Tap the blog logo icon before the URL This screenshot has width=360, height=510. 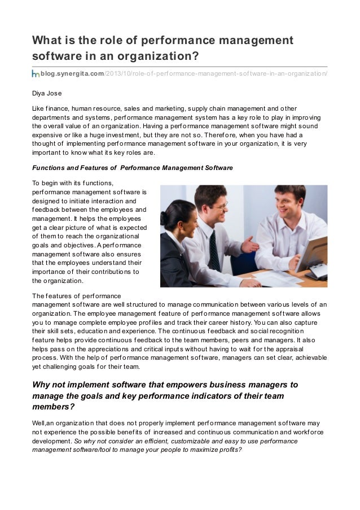click(x=35, y=73)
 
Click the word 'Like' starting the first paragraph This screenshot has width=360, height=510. click(x=38, y=108)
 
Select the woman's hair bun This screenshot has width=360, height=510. click(x=169, y=209)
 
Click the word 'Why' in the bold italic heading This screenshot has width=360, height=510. click(x=44, y=385)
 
